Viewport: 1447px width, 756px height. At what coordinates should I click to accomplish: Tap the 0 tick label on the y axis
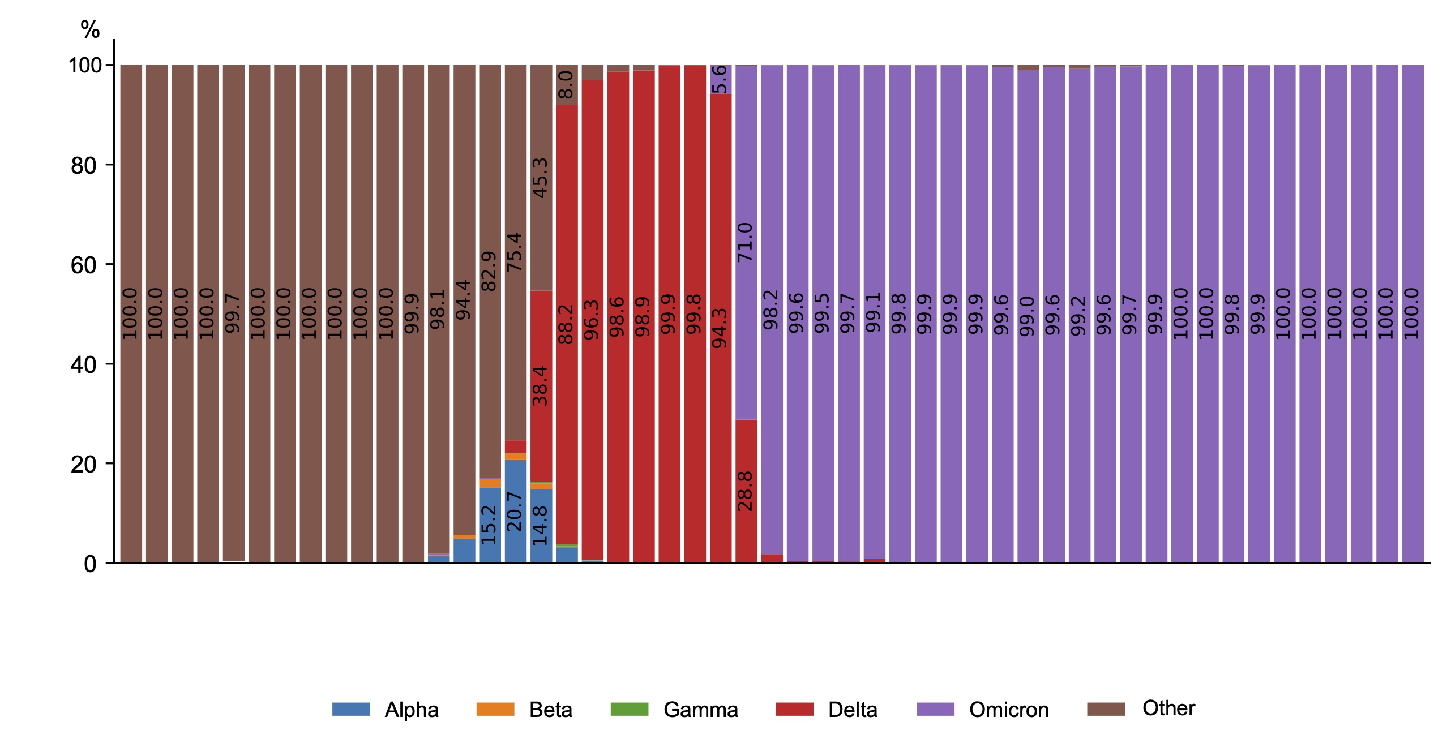pos(90,564)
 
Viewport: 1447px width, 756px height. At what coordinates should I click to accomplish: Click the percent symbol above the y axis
pos(90,29)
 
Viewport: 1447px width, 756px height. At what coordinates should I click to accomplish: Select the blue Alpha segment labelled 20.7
pos(515,511)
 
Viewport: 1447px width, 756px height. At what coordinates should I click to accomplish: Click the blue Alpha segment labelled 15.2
pos(490,525)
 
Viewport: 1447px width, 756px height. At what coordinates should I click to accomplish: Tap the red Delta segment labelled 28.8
pos(746,491)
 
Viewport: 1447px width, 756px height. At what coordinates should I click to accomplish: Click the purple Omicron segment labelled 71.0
pos(746,242)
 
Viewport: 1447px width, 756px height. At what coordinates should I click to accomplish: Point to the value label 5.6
pos(720,79)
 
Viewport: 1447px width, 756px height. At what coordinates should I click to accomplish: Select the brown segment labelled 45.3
pos(541,178)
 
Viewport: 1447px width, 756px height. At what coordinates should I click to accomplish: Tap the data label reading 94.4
pos(464,299)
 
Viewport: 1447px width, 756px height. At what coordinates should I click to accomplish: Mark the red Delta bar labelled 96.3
pos(592,320)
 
